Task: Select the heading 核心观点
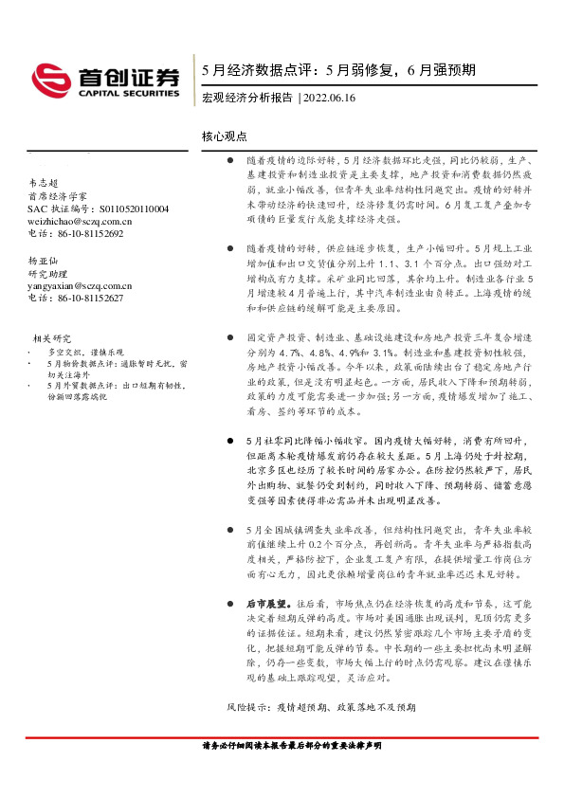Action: [224, 136]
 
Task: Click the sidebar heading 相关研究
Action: [52, 337]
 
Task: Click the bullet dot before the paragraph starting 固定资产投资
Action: [231, 336]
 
